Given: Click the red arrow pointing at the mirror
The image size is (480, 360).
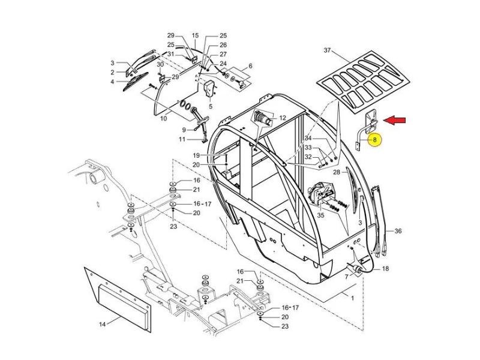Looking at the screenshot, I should (x=395, y=121).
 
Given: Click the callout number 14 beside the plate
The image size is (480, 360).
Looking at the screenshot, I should (x=102, y=325).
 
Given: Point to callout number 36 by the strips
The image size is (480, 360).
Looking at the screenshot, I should (x=397, y=231).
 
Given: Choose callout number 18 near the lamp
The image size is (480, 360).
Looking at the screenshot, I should (x=385, y=269).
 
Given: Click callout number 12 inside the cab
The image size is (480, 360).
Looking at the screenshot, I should (x=282, y=118).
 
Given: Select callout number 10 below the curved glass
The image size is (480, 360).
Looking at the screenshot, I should (x=163, y=119).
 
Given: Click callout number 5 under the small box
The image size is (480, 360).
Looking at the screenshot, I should (x=211, y=106).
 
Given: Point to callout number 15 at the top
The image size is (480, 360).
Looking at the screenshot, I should (x=195, y=36).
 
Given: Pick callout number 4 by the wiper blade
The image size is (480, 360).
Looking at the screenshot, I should (x=112, y=82).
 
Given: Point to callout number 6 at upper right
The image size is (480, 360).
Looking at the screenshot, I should (x=250, y=66).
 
